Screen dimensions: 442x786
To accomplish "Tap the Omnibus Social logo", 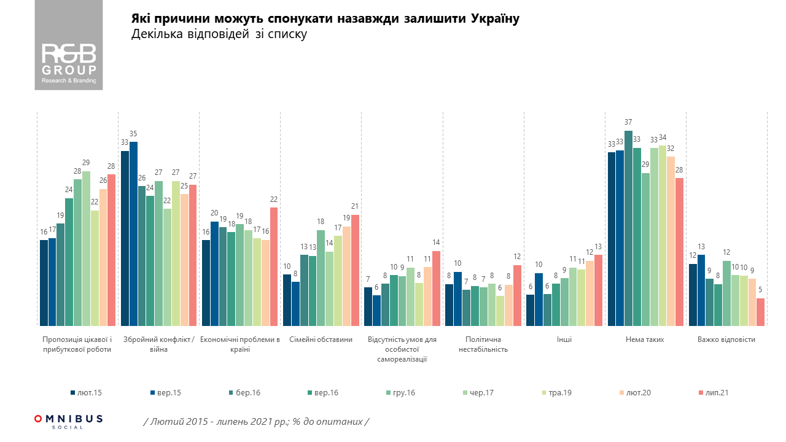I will point(68,421).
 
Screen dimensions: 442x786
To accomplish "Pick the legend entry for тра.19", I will point(556,392).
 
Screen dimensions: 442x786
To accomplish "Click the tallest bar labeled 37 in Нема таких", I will point(628,228).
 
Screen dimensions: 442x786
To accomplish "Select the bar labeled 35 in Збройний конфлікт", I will point(133,233).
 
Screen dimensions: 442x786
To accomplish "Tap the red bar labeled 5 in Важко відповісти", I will point(760,312).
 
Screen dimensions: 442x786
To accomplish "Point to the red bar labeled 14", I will point(436,288).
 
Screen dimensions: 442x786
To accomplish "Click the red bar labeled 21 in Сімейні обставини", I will point(355,270).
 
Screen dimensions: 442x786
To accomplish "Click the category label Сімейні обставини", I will point(321,339).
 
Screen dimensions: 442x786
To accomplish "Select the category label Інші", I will point(564,339).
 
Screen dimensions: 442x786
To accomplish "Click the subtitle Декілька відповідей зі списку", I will point(219,35).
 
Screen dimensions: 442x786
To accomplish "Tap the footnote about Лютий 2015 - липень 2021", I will point(256,422).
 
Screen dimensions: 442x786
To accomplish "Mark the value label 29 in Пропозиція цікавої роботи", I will point(86,163).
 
